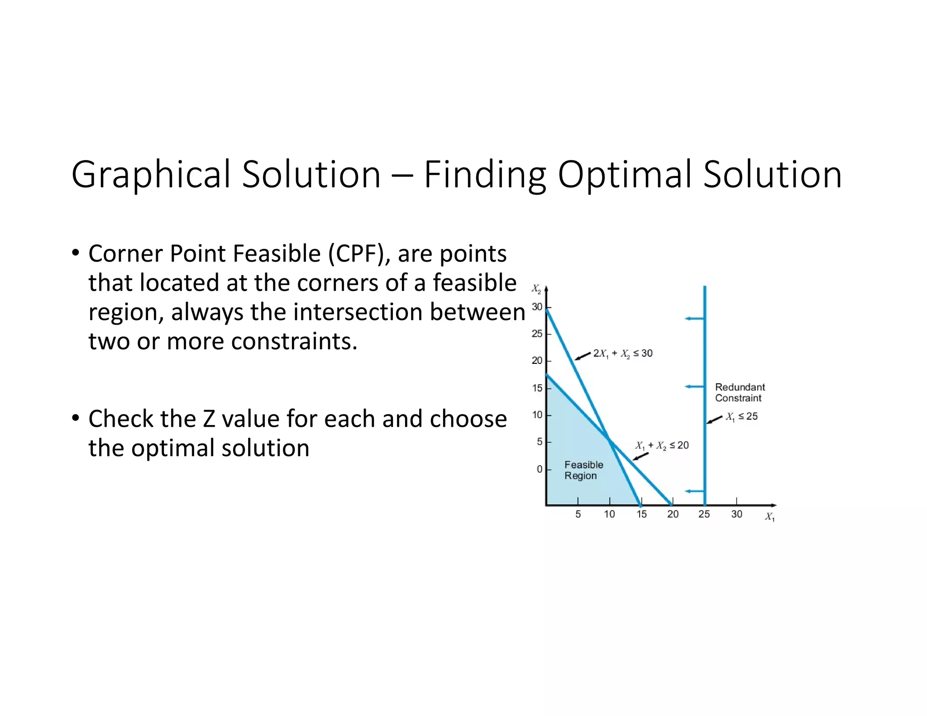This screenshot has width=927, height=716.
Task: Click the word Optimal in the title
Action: click(624, 175)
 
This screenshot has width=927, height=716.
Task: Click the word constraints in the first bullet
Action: click(294, 341)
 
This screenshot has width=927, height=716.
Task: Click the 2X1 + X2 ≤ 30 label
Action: click(623, 353)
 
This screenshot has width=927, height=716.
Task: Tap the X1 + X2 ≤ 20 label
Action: click(662, 445)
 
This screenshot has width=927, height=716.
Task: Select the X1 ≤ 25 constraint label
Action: click(742, 416)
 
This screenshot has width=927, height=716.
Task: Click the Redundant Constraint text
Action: click(740, 392)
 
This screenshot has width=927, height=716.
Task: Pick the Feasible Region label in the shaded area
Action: click(583, 470)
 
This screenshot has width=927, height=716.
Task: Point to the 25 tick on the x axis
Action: click(704, 514)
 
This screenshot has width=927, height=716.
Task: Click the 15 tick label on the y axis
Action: click(537, 388)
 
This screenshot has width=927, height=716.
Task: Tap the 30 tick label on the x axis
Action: click(736, 514)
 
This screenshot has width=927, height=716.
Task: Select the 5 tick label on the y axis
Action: click(539, 442)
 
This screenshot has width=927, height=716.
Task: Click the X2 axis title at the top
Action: click(536, 289)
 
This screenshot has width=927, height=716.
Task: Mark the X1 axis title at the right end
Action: click(769, 516)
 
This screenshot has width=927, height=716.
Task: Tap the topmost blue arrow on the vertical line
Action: click(694, 319)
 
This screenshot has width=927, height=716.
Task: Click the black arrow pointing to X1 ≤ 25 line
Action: click(715, 420)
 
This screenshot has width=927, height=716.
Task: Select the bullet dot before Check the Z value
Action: click(75, 418)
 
